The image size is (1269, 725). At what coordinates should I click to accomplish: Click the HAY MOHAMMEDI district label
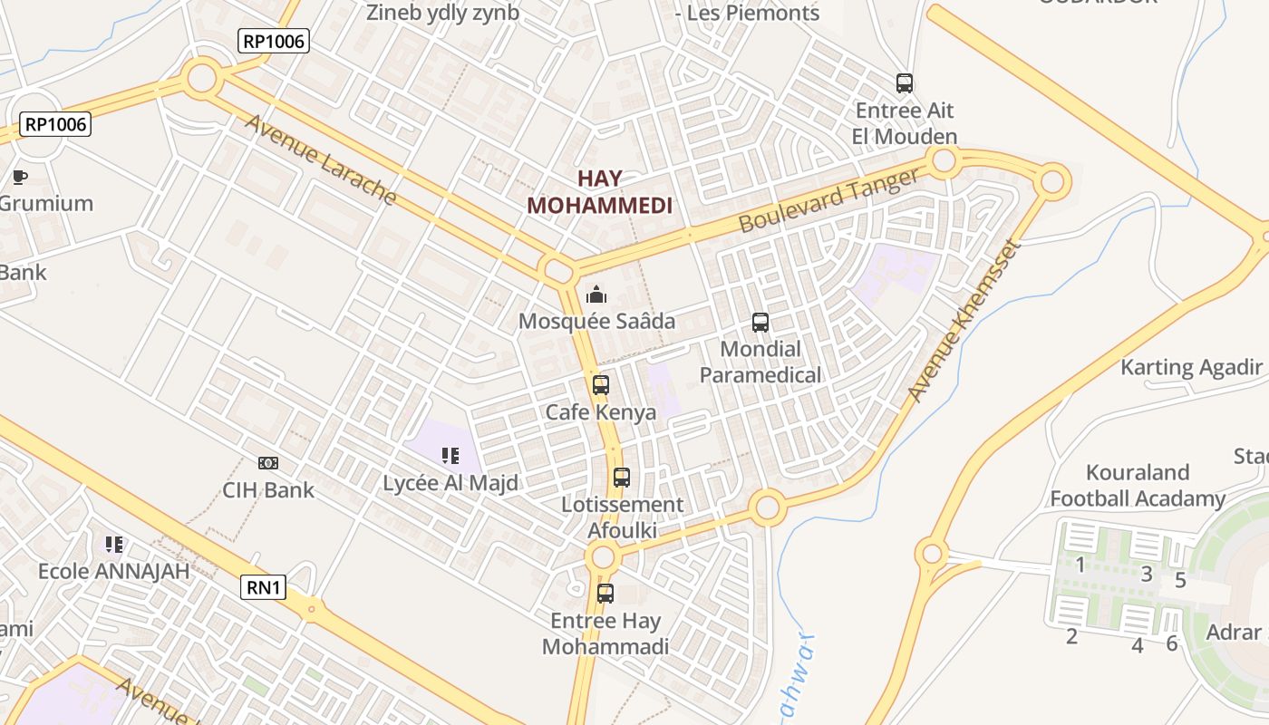(600, 191)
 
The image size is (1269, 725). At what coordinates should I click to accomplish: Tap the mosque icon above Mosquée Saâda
(596, 294)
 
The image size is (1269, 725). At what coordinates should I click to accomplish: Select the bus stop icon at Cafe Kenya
(600, 385)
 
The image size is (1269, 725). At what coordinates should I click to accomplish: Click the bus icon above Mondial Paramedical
(760, 323)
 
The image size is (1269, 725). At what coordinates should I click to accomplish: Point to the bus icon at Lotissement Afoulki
(622, 478)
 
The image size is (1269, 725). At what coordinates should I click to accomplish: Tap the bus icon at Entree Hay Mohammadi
(605, 594)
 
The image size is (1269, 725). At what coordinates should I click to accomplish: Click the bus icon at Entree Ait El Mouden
(904, 83)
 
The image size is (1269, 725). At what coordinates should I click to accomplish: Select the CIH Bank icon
(268, 463)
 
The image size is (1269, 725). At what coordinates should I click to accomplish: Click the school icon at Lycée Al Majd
(450, 455)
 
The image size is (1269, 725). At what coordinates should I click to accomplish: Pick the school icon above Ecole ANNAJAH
(114, 544)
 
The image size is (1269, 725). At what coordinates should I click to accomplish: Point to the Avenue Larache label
(320, 159)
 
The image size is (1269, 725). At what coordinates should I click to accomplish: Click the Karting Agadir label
(1191, 367)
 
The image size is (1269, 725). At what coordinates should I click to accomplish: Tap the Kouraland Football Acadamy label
(1138, 486)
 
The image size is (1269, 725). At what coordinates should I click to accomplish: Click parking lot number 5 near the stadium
(1180, 580)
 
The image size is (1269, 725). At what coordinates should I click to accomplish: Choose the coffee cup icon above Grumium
(20, 177)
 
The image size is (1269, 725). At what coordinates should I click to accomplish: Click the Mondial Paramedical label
(760, 362)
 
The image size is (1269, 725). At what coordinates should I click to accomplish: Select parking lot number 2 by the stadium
(1071, 636)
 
